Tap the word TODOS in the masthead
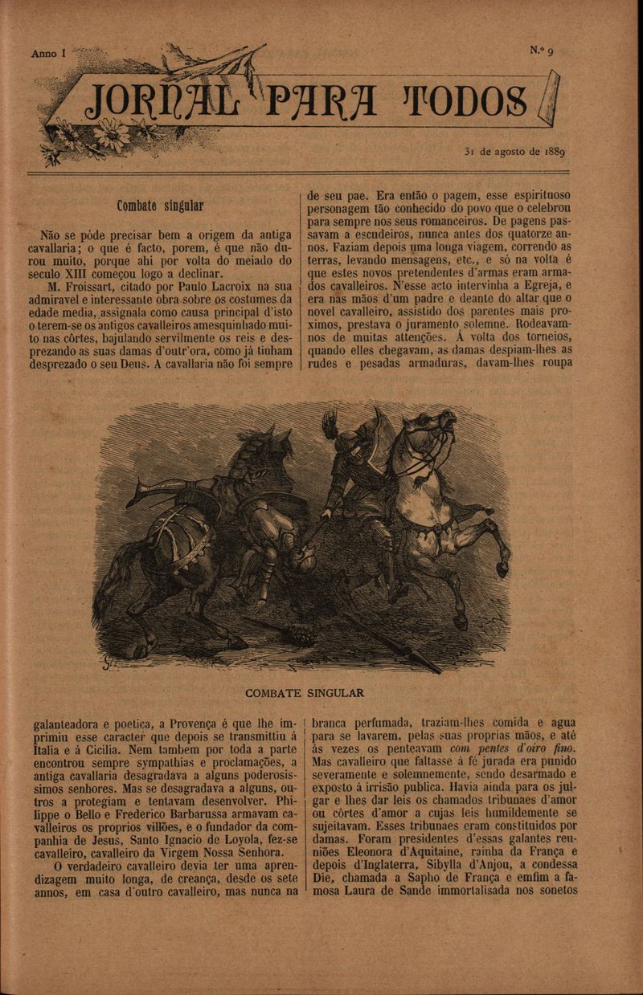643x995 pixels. (469, 99)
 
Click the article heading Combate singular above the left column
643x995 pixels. (159, 206)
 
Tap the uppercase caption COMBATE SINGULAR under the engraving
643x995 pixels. (305, 692)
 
